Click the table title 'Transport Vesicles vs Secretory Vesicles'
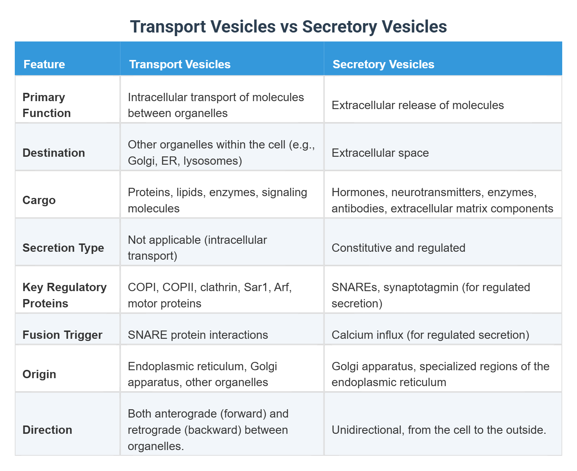point(288,27)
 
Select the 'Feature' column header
point(44,64)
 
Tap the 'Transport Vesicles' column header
point(180,64)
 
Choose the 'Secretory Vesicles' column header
point(383,64)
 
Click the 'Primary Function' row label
point(47,105)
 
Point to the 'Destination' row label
point(54,153)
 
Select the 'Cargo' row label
point(39,200)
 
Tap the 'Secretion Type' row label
point(63,248)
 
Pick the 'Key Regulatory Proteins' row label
point(64,295)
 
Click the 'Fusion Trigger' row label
point(62,335)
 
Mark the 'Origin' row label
point(39,374)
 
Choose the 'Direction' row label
point(47,430)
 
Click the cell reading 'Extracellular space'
point(380,153)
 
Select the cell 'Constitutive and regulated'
point(398,248)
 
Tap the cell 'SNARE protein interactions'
point(198,335)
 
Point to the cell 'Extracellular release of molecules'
point(418,105)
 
